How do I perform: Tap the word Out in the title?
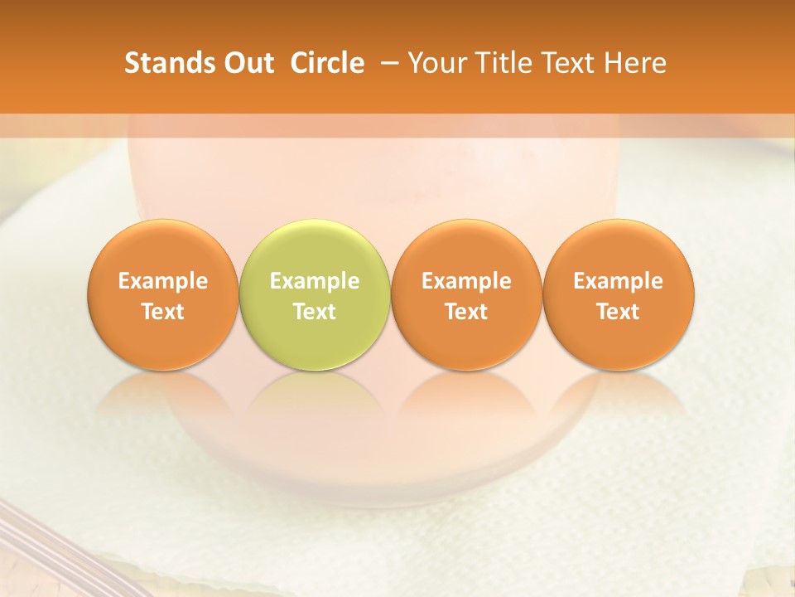246,63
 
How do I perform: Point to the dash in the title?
388,63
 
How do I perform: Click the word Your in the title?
435,63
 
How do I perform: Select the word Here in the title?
635,63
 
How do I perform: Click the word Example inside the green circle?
314,281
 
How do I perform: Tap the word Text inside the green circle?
314,312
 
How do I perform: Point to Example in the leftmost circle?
162,281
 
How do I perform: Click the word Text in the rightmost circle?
618,312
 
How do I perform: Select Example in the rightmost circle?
618,281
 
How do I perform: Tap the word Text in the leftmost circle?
162,312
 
